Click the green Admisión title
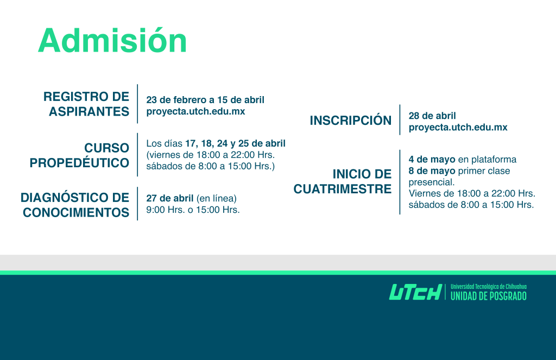(x=112, y=40)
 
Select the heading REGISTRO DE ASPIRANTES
(x=86, y=104)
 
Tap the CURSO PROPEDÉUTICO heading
(x=79, y=155)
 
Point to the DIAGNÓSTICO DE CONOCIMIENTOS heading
(x=75, y=205)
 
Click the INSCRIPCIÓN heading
(x=351, y=120)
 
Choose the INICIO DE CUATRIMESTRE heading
(x=343, y=181)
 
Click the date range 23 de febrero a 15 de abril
(x=205, y=100)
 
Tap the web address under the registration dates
(x=195, y=111)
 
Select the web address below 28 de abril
(x=458, y=127)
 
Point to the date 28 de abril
(x=432, y=116)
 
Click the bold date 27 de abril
(x=170, y=198)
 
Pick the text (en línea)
(x=217, y=198)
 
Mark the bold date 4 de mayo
(x=432, y=160)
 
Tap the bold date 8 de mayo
(x=432, y=171)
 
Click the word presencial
(x=432, y=182)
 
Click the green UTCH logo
(x=415, y=292)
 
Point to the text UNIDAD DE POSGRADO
(x=489, y=296)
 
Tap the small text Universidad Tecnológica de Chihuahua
(x=489, y=287)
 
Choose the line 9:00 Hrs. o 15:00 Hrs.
(x=193, y=210)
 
